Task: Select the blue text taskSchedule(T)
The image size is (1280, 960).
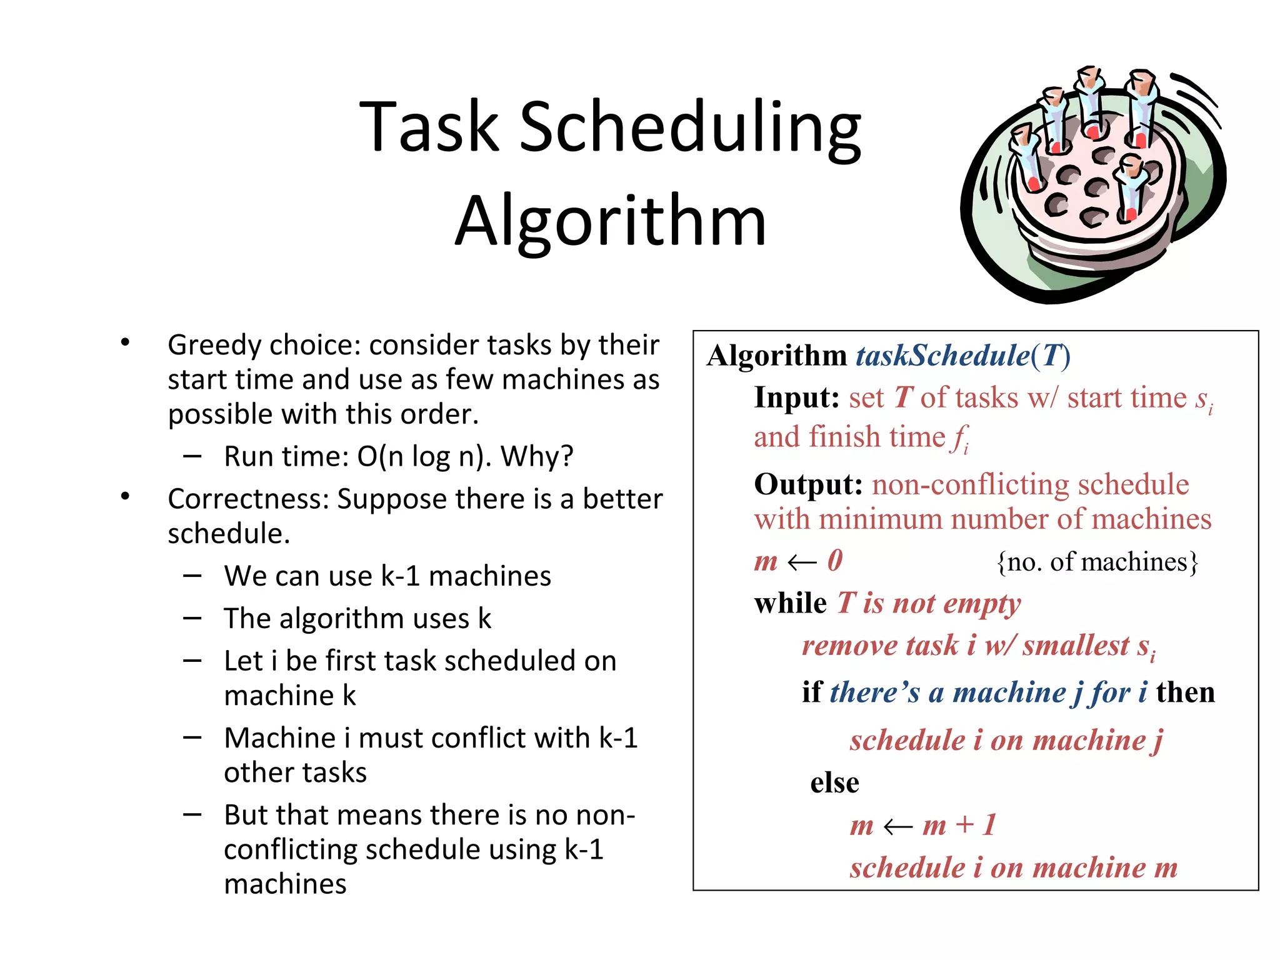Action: coord(963,356)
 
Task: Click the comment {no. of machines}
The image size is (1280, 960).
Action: coord(1097,562)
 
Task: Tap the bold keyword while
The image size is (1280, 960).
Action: coord(790,604)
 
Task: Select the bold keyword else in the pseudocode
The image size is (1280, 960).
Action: coord(834,782)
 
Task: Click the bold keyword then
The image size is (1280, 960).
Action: coord(1185,692)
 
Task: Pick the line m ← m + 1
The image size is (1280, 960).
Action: coord(922,825)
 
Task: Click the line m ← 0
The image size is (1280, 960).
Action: coord(798,561)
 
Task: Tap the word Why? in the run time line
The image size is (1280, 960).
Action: coord(537,456)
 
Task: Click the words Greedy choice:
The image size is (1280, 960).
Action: coord(264,345)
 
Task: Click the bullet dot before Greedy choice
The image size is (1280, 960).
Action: coord(125,342)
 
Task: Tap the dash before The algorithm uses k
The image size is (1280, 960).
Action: coord(192,618)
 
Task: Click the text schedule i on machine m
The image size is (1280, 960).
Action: coord(1013,867)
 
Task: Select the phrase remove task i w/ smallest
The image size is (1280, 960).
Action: coord(966,646)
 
